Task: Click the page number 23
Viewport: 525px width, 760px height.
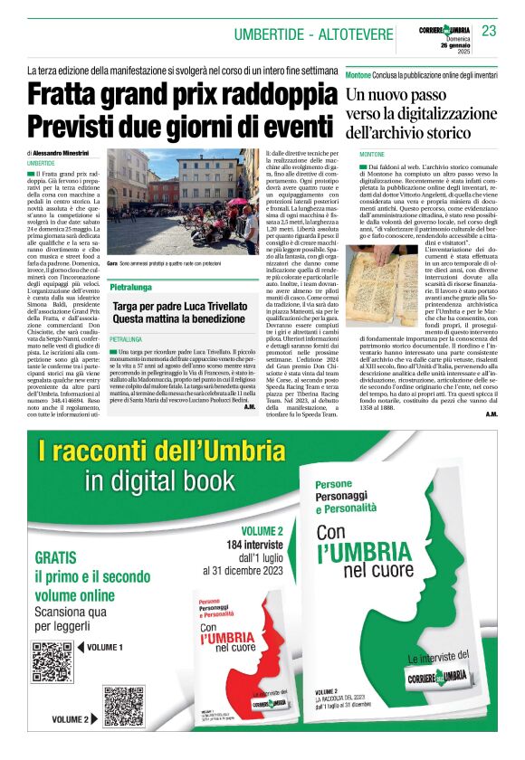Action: tap(489, 32)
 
